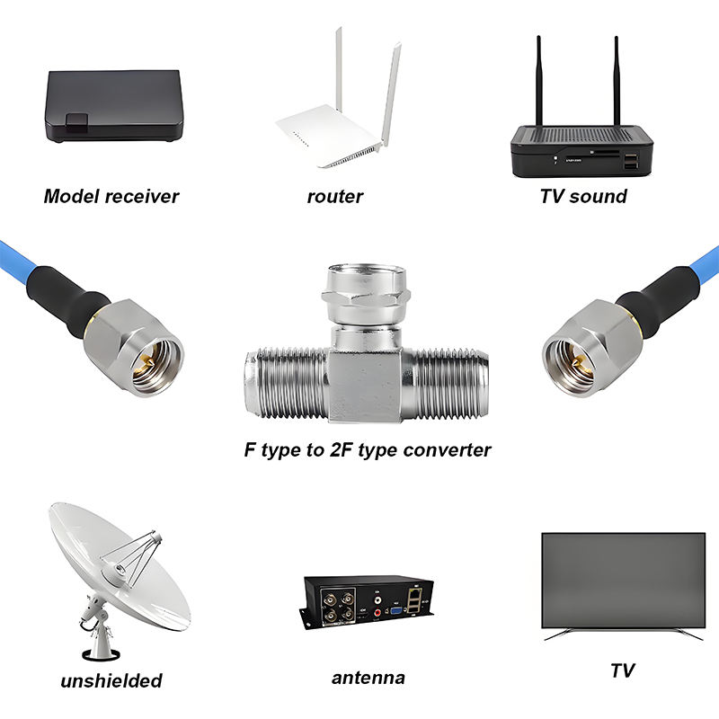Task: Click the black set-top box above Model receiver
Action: click(x=114, y=106)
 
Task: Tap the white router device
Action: click(x=333, y=135)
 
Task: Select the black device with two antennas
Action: click(x=582, y=148)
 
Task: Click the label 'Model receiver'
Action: click(x=111, y=196)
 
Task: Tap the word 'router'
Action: click(x=334, y=196)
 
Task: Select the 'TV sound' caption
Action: click(x=582, y=196)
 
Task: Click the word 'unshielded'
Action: click(x=111, y=680)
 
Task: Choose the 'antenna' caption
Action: click(x=368, y=678)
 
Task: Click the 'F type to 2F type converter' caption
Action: click(x=368, y=449)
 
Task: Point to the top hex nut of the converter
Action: click(x=366, y=292)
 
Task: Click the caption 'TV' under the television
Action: click(x=622, y=670)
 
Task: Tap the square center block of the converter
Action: click(x=366, y=382)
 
